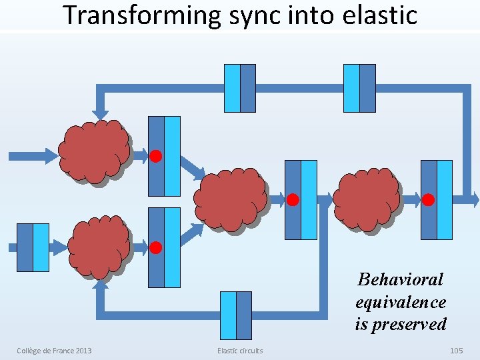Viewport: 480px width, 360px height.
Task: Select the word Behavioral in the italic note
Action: point(400,279)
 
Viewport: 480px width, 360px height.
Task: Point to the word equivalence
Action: point(400,302)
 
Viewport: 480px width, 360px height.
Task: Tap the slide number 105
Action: point(456,351)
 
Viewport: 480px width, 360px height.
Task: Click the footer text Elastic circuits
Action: point(240,351)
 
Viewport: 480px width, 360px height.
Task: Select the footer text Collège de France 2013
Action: point(54,351)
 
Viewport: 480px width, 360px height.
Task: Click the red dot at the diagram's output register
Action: point(428,199)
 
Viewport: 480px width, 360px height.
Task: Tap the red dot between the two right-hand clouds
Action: point(292,199)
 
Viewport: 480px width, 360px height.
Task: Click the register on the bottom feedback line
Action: point(236,315)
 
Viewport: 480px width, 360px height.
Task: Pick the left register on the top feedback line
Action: point(240,88)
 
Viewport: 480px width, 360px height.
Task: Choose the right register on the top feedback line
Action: point(359,88)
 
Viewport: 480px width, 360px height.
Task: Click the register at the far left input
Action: point(33,247)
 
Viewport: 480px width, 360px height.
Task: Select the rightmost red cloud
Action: point(366,199)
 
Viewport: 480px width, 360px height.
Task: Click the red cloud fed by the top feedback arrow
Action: point(93,151)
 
